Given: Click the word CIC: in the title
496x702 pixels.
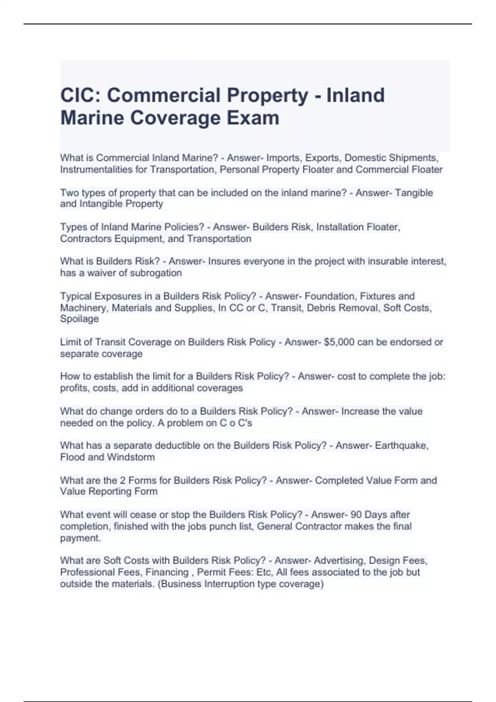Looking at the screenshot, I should (x=80, y=95).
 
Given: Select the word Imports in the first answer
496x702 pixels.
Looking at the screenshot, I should (x=283, y=158).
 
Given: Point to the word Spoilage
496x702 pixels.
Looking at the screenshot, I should (x=79, y=319).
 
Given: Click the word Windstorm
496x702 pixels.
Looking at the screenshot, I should (x=131, y=457).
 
